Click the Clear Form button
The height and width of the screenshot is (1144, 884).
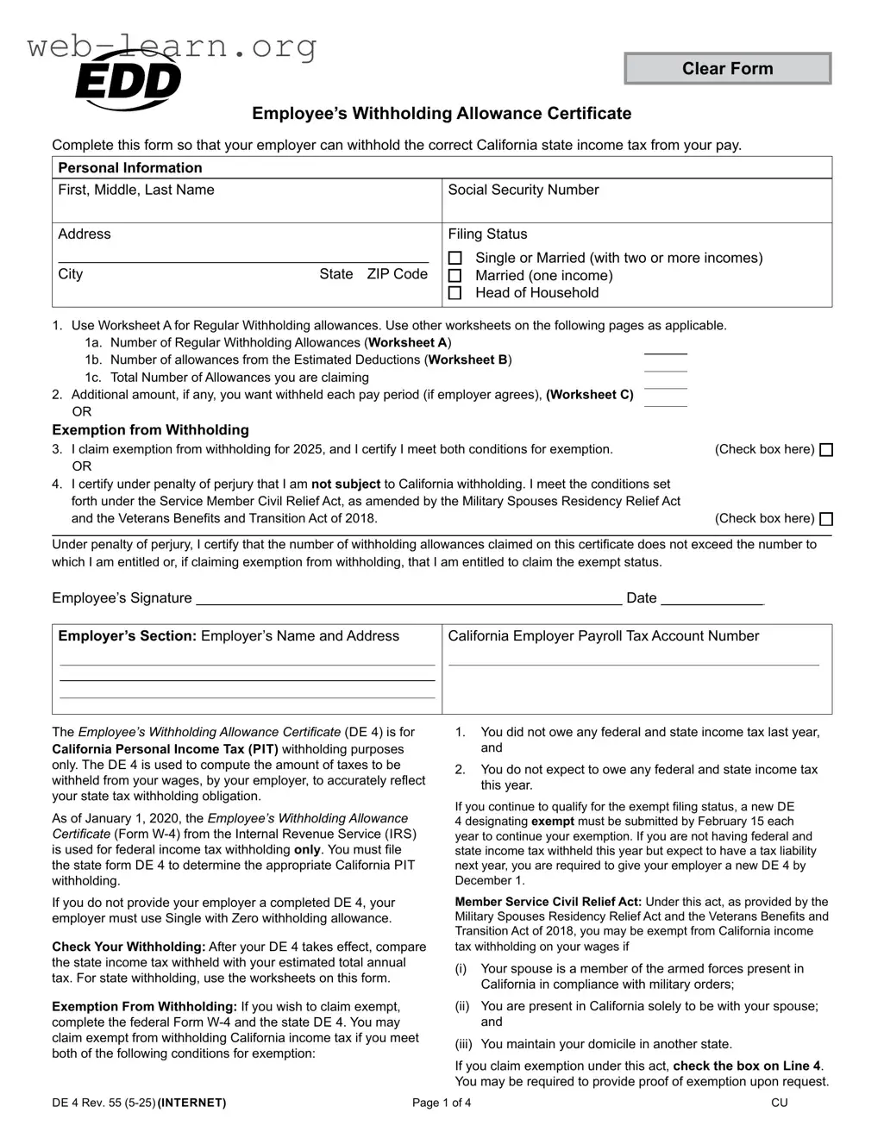pyautogui.click(x=727, y=69)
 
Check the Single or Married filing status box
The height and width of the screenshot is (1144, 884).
pyautogui.click(x=455, y=259)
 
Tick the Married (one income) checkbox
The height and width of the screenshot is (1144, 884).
pyautogui.click(x=455, y=276)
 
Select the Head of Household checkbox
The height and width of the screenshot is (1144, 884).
pyautogui.click(x=455, y=293)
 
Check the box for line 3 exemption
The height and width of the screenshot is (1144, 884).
pyautogui.click(x=825, y=450)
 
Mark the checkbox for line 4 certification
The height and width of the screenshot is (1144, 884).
pyautogui.click(x=825, y=519)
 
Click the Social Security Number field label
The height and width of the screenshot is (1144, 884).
pyautogui.click(x=523, y=190)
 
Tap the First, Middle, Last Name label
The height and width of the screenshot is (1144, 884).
pyautogui.click(x=136, y=190)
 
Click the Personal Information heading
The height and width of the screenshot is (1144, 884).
pyautogui.click(x=129, y=168)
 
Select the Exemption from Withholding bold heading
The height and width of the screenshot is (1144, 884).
pyautogui.click(x=150, y=430)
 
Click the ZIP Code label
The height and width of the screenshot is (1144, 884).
pyautogui.click(x=397, y=274)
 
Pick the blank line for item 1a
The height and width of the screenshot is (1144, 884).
pyautogui.click(x=665, y=350)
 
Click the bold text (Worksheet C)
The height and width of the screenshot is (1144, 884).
pyautogui.click(x=590, y=395)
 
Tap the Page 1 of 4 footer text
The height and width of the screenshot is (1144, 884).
pyautogui.click(x=442, y=1103)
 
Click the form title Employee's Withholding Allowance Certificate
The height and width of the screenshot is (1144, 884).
pyautogui.click(x=442, y=114)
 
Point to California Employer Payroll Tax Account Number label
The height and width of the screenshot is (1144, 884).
pyautogui.click(x=603, y=636)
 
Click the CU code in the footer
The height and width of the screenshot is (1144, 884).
pyautogui.click(x=779, y=1103)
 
